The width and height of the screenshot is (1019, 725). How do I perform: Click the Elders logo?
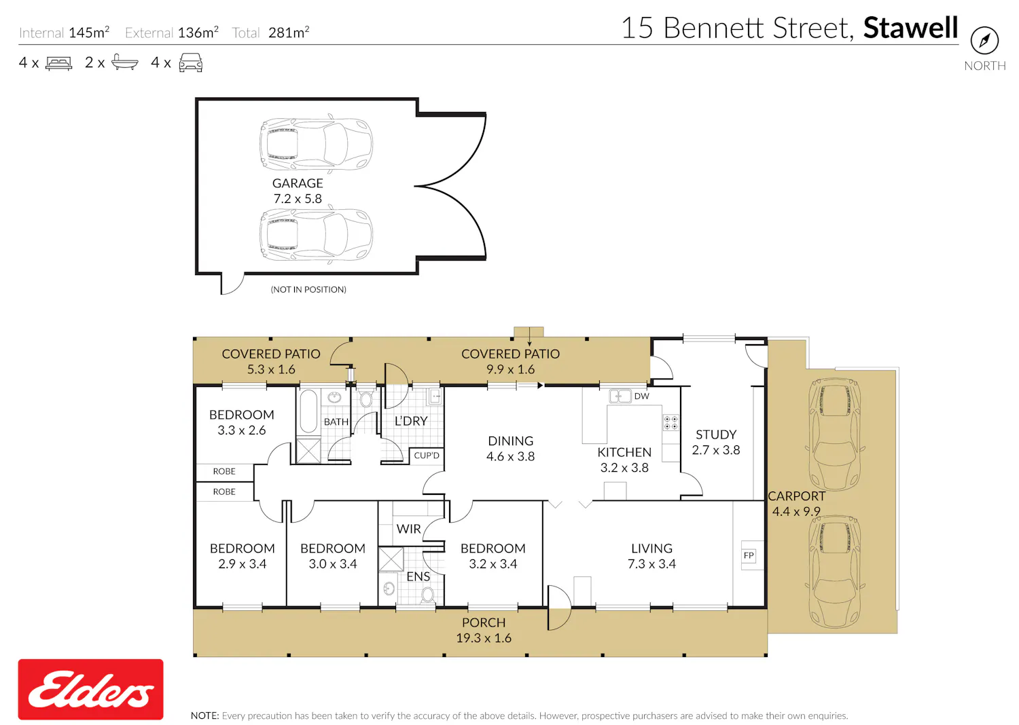[90, 689]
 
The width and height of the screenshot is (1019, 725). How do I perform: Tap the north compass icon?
[984, 41]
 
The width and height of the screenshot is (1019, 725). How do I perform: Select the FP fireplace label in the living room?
[749, 555]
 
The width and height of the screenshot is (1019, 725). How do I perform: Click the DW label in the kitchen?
[641, 396]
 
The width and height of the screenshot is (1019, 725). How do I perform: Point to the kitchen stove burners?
[671, 422]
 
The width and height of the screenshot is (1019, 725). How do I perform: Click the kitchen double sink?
[620, 396]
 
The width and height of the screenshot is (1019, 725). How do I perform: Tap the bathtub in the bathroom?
[308, 411]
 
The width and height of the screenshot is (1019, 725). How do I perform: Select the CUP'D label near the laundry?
[426, 456]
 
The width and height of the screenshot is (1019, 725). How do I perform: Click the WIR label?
[408, 529]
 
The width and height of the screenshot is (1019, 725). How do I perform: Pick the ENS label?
[418, 576]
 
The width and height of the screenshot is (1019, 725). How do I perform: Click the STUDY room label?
[716, 434]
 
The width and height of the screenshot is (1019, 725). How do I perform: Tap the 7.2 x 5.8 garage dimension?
[298, 199]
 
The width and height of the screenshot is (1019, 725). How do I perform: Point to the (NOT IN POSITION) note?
[308, 290]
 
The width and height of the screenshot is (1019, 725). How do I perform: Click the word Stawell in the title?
[911, 28]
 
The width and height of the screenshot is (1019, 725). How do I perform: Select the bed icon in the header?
[58, 63]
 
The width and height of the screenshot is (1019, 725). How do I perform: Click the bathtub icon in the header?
[124, 62]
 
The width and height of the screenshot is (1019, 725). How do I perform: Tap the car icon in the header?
[191, 62]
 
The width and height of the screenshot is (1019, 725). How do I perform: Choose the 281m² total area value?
[289, 33]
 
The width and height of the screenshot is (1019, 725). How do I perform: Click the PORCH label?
[484, 622]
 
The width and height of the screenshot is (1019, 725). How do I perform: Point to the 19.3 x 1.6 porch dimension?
[484, 638]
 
